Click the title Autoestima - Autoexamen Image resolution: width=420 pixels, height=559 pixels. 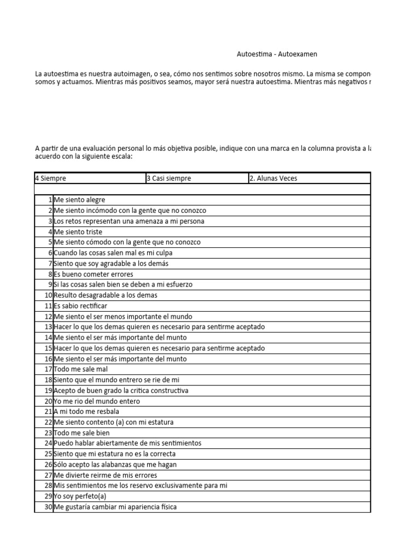click(x=277, y=54)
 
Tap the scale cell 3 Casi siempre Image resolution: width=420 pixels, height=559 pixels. click(x=168, y=179)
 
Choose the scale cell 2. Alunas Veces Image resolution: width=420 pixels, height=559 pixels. click(x=273, y=179)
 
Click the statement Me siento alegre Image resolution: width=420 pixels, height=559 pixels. click(x=79, y=200)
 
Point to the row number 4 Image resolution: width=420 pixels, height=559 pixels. click(x=49, y=232)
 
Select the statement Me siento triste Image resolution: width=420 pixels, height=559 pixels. click(x=78, y=232)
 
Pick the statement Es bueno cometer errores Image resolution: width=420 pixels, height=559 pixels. click(x=93, y=274)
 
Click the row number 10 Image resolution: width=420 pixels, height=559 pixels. click(x=48, y=295)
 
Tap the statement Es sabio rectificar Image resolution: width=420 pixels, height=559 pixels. click(x=80, y=306)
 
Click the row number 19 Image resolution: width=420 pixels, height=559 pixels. click(x=48, y=391)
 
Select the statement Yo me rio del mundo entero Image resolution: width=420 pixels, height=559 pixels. click(x=97, y=401)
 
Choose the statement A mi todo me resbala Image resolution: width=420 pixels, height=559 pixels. click(x=86, y=412)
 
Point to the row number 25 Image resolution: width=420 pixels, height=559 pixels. click(x=48, y=454)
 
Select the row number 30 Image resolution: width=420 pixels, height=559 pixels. click(x=48, y=507)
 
